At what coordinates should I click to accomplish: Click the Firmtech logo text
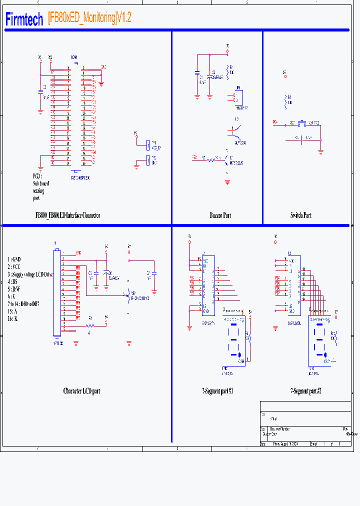click(x=24, y=19)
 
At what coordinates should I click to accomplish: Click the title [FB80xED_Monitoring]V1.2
click(x=89, y=18)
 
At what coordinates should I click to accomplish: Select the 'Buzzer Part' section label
click(x=220, y=215)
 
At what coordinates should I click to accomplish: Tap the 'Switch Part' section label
click(x=300, y=215)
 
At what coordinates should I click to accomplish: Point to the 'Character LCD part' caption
click(x=81, y=391)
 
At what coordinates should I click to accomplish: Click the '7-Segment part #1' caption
click(x=217, y=391)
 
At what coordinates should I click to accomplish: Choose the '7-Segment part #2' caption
click(x=305, y=391)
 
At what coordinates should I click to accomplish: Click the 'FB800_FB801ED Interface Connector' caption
click(x=67, y=215)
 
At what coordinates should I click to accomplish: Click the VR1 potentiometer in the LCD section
click(x=128, y=294)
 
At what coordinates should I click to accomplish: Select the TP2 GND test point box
click(x=147, y=160)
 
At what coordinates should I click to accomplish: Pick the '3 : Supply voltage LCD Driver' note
click(x=30, y=274)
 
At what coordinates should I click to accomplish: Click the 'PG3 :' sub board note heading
click(x=37, y=176)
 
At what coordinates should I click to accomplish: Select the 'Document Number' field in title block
click(x=279, y=429)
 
